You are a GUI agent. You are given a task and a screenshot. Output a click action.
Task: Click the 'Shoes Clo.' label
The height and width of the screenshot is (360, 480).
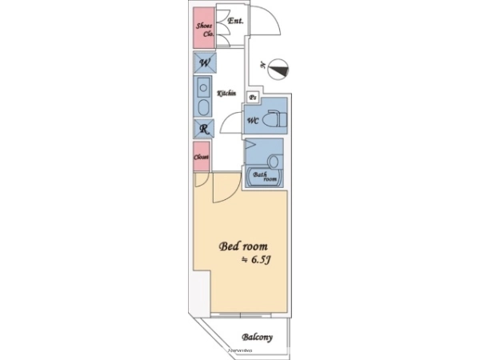tap(204, 30)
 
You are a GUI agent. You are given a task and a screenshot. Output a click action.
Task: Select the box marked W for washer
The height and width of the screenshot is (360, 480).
tap(203, 63)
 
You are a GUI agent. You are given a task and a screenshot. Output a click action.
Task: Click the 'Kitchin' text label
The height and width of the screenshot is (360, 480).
tap(226, 94)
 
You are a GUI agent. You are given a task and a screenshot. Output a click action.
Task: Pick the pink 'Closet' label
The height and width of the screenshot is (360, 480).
tap(202, 157)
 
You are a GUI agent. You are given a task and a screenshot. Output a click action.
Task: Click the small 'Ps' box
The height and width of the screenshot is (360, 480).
tap(253, 97)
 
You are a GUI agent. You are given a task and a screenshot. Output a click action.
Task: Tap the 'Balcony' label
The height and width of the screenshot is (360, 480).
tap(257, 337)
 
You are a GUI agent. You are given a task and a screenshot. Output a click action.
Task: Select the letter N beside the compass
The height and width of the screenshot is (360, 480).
tap(262, 63)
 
